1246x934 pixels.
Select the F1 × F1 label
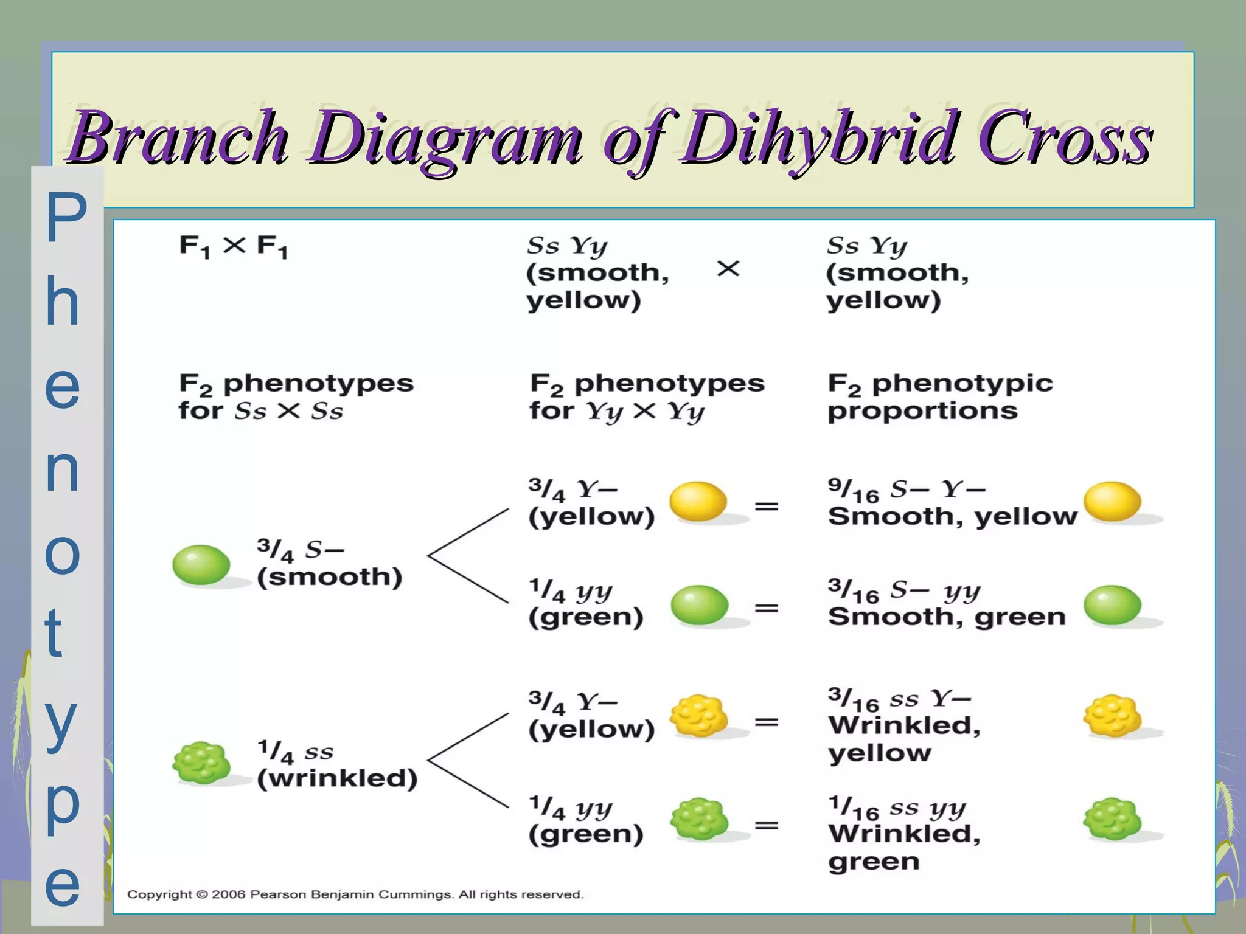pyautogui.click(x=233, y=246)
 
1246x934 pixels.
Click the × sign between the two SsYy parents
pyautogui.click(x=728, y=269)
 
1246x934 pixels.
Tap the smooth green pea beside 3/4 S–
pyautogui.click(x=201, y=565)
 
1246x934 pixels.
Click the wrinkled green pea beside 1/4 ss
pyautogui.click(x=201, y=763)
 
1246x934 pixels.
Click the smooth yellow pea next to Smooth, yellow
pyautogui.click(x=1112, y=502)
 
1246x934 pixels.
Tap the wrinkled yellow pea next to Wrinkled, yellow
pyautogui.click(x=1112, y=716)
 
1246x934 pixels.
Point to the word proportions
pyautogui.click(x=922, y=412)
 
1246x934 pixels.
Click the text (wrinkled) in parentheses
pyautogui.click(x=337, y=779)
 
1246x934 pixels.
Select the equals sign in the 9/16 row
pyautogui.click(x=767, y=506)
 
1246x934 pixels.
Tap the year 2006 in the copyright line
pyautogui.click(x=229, y=894)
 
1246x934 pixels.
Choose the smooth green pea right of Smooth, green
pyautogui.click(x=1112, y=605)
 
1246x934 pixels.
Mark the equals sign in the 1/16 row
pyautogui.click(x=767, y=825)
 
